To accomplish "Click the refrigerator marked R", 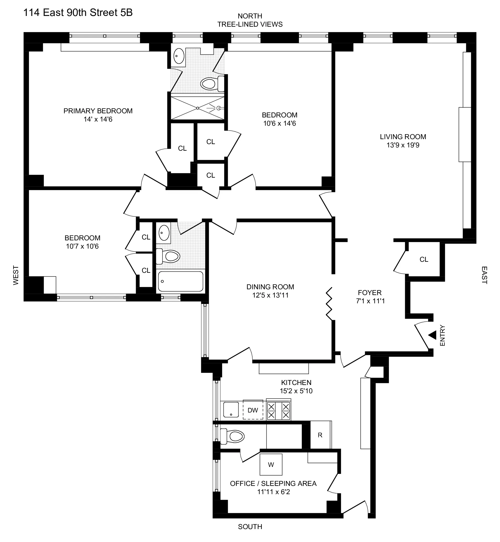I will click(x=320, y=435).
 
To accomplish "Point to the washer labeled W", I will click(x=271, y=464).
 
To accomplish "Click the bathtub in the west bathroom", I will click(x=181, y=281).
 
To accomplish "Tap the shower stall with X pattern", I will click(x=198, y=108).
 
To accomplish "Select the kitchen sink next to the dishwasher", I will click(x=231, y=409).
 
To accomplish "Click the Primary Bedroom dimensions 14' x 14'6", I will click(x=98, y=119).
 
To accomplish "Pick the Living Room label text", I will click(x=403, y=137).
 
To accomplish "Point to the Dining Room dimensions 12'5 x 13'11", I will click(x=270, y=295).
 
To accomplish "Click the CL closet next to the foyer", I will click(x=424, y=259).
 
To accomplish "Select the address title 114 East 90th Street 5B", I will click(x=78, y=13).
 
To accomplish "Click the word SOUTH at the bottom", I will click(x=250, y=527).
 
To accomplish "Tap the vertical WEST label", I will click(x=16, y=275).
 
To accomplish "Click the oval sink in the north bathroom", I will click(x=179, y=56).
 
